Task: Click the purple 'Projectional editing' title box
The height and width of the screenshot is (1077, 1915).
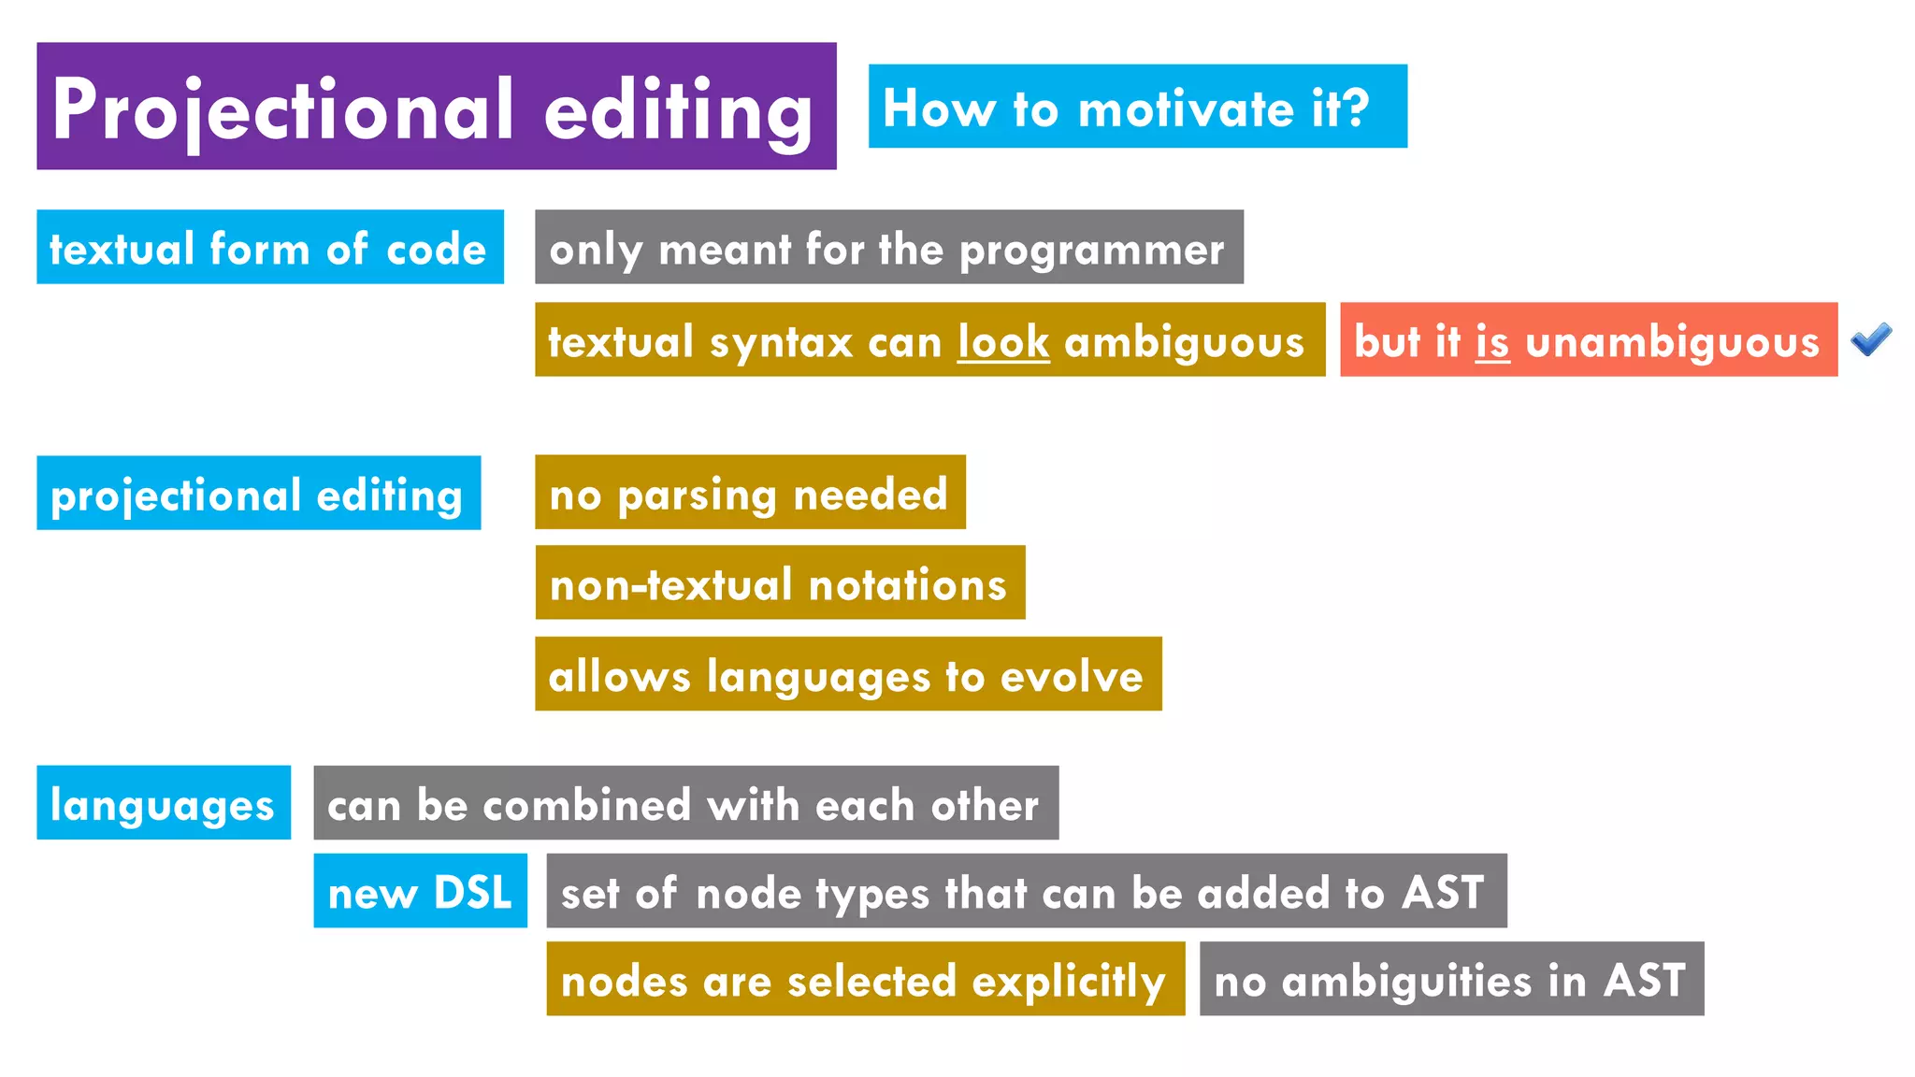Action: (x=436, y=106)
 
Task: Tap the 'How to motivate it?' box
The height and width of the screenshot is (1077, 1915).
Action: (x=1137, y=107)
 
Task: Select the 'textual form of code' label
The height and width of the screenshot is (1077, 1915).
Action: (x=269, y=248)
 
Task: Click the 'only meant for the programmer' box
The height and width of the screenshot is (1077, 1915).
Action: (x=888, y=248)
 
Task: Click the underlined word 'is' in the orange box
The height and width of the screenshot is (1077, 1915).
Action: (x=1492, y=342)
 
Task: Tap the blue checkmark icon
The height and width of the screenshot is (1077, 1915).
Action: (x=1871, y=338)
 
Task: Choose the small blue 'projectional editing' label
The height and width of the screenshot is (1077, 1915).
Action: (x=258, y=494)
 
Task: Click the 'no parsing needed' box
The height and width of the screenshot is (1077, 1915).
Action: (x=750, y=493)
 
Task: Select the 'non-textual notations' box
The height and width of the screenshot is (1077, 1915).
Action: (x=780, y=583)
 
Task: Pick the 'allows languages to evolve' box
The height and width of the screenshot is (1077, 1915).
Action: (x=848, y=674)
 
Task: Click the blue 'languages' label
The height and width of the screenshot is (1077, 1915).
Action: (x=164, y=803)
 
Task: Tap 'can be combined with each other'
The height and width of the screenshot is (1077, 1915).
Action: (x=685, y=803)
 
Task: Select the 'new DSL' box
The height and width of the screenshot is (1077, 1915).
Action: (x=420, y=891)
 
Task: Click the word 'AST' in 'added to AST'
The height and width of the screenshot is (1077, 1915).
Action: (x=1443, y=892)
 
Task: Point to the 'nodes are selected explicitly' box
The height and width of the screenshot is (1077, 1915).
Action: (x=865, y=979)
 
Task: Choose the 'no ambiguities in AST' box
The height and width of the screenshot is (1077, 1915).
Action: (x=1451, y=979)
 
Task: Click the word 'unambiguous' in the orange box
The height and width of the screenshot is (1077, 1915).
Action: (x=1673, y=342)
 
